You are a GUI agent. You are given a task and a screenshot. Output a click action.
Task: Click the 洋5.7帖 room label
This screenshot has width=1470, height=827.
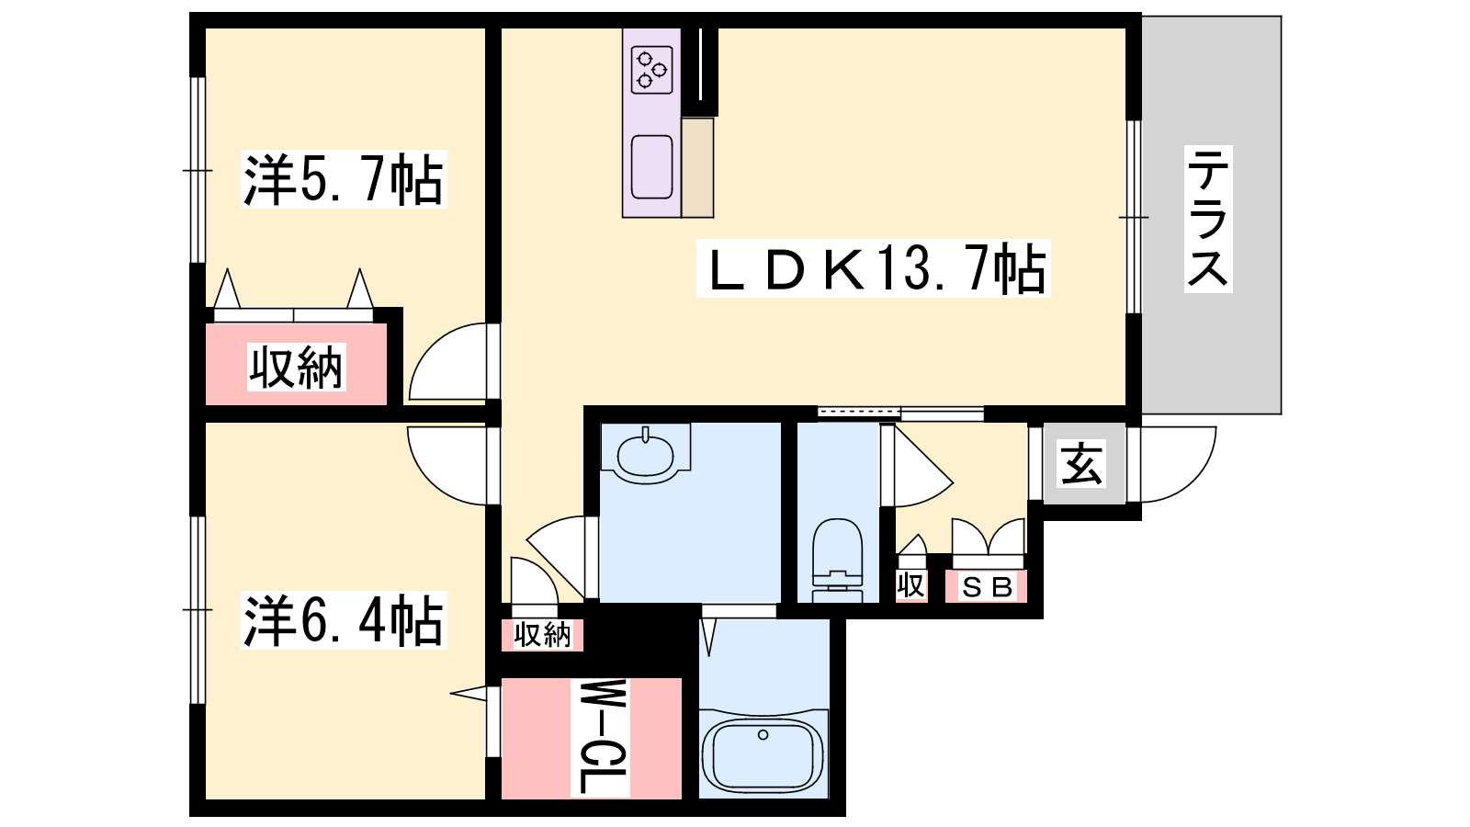[344, 179]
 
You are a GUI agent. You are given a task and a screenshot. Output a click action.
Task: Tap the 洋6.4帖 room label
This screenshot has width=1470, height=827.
[344, 620]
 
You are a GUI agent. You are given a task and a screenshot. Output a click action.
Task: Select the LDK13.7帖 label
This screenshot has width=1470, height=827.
[873, 268]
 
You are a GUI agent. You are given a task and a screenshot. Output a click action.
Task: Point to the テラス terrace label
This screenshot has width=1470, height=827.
[1208, 220]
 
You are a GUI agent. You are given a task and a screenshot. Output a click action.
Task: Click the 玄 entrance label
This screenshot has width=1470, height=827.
[1082, 463]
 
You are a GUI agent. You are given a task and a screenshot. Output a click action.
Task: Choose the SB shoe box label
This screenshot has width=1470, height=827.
[986, 587]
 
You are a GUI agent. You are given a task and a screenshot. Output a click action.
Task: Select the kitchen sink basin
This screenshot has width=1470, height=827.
[651, 166]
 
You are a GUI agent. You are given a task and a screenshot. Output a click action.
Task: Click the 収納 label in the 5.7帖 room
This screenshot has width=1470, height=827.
[297, 368]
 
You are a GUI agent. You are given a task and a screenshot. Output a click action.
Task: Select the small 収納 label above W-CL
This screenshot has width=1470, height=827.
[543, 635]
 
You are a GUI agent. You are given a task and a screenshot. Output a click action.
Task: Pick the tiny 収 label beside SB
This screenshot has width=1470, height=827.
[910, 584]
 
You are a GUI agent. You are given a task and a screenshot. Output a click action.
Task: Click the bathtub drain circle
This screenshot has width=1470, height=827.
[763, 735]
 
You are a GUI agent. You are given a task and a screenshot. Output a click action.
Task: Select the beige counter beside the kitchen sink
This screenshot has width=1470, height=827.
[697, 168]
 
